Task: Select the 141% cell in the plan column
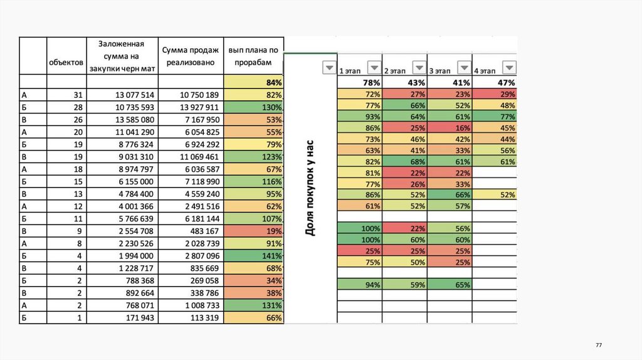coord(254,255)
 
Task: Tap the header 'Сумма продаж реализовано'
coord(191,56)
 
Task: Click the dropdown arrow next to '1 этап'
coord(374,68)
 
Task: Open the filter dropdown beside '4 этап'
coord(510,68)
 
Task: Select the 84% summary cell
coord(254,83)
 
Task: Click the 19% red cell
coord(254,231)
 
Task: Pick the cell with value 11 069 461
coord(191,156)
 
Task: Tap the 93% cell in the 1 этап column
coord(360,117)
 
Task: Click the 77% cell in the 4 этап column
coord(495,117)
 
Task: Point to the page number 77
coord(598,346)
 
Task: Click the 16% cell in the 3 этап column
coord(450,128)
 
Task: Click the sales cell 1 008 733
coord(191,305)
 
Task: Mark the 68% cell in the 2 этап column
coord(405,162)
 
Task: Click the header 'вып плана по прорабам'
coord(254,56)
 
